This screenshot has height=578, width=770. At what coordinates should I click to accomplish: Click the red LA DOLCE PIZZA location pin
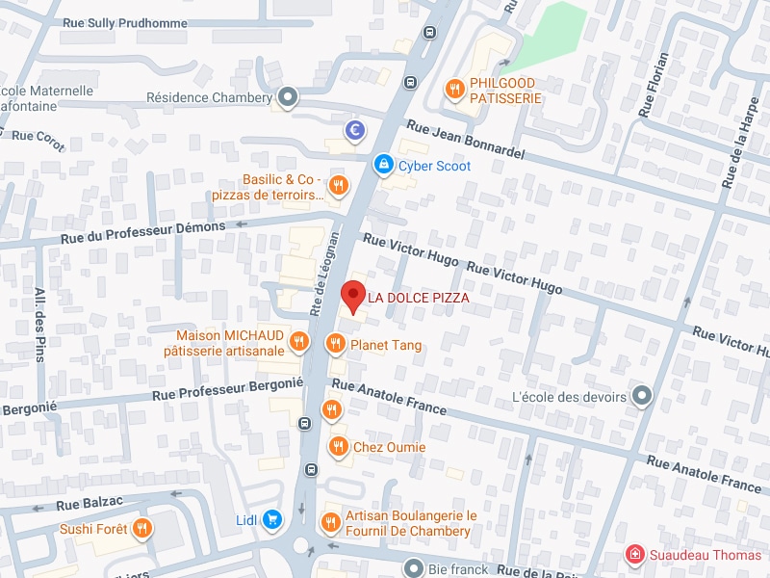click(x=353, y=297)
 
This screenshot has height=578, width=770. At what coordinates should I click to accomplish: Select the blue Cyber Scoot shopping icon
click(x=383, y=166)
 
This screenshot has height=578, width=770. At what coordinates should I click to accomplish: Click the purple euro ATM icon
click(x=355, y=130)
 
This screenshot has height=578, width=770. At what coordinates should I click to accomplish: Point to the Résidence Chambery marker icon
click(x=287, y=97)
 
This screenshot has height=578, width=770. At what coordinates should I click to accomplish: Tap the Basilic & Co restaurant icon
click(x=337, y=186)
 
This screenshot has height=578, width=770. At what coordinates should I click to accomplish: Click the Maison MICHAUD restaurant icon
click(x=299, y=342)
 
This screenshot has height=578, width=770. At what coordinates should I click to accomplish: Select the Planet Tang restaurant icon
click(x=335, y=344)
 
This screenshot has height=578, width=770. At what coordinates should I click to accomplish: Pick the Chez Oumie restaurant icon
click(x=337, y=446)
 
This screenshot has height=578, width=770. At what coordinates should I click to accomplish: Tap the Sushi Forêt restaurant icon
click(x=142, y=528)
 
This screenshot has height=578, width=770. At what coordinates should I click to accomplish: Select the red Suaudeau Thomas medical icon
click(x=634, y=554)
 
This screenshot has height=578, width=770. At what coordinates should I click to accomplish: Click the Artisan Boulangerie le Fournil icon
click(x=331, y=522)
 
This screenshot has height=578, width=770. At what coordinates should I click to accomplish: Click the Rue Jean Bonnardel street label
click(x=466, y=139)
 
